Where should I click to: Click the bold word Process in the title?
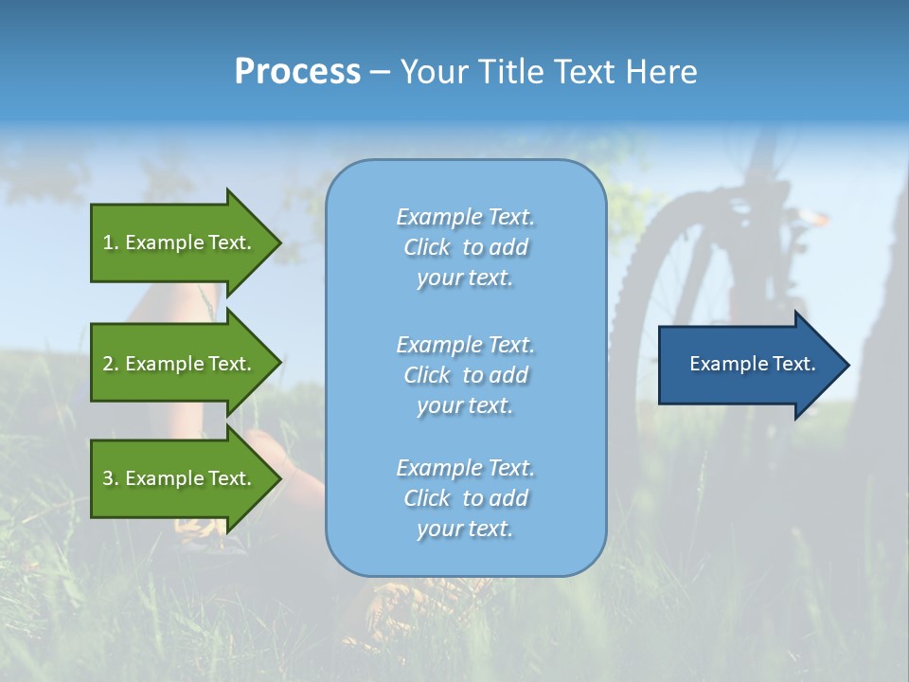coord(297,72)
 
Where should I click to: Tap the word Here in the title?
coord(662,72)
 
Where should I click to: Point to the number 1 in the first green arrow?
coord(108,242)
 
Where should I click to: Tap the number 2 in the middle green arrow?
coord(108,364)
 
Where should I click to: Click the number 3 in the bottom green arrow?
coord(108,478)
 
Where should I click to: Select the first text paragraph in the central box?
coord(465,247)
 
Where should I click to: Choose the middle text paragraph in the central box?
coord(465,374)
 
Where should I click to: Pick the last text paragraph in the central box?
coord(465,498)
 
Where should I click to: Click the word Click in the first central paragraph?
coord(427,248)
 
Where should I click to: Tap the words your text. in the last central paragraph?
coord(465,529)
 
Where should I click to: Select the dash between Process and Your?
coord(380,72)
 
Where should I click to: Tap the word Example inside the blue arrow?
coord(725,364)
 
